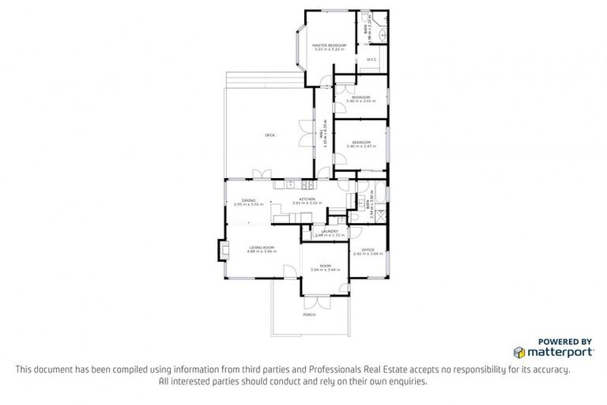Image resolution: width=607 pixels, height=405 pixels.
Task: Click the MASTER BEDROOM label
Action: pos(329,46)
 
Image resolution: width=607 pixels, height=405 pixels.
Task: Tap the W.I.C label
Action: pos(371,59)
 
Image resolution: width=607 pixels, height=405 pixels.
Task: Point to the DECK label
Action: pos(270,135)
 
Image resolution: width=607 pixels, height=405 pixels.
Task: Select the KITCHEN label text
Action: pos(307,199)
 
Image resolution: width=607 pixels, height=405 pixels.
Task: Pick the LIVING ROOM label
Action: pos(262,248)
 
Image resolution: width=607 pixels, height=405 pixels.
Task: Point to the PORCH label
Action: pos(309,315)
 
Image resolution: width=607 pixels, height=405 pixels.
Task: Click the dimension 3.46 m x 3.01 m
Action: pos(361,101)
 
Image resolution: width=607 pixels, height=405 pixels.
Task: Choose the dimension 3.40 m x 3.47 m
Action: pos(361,146)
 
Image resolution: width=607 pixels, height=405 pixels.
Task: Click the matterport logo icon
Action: pos(518,350)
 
